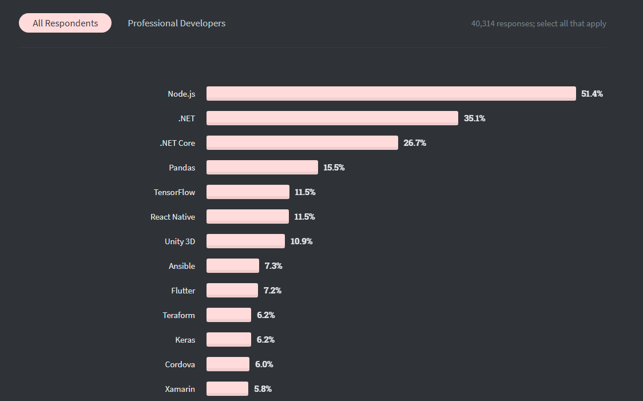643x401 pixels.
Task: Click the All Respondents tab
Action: pyautogui.click(x=65, y=23)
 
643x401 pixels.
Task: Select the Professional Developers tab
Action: pyautogui.click(x=176, y=23)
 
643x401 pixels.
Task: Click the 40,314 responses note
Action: pyautogui.click(x=538, y=24)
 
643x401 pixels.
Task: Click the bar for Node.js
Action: pyautogui.click(x=391, y=93)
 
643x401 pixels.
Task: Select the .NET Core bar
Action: pyautogui.click(x=302, y=142)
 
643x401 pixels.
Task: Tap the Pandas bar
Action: pyautogui.click(x=262, y=167)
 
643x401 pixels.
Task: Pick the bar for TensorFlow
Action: pyautogui.click(x=248, y=192)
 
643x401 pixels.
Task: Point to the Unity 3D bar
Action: pyautogui.click(x=245, y=241)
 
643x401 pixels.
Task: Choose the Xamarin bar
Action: pyautogui.click(x=227, y=388)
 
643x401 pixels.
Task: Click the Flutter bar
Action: pyautogui.click(x=232, y=290)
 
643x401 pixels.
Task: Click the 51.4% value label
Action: pyautogui.click(x=592, y=94)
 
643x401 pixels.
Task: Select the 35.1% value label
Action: pyautogui.click(x=474, y=118)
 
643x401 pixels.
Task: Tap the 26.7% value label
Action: pyautogui.click(x=415, y=143)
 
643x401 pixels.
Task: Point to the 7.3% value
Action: pyautogui.click(x=273, y=266)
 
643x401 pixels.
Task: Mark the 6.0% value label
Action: pyautogui.click(x=264, y=364)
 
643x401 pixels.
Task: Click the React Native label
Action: pyautogui.click(x=173, y=217)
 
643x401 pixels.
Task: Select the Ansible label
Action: pyautogui.click(x=182, y=266)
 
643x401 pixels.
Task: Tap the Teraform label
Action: pyautogui.click(x=178, y=315)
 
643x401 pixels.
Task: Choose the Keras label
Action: pyautogui.click(x=185, y=340)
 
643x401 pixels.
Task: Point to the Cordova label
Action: pyautogui.click(x=180, y=364)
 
